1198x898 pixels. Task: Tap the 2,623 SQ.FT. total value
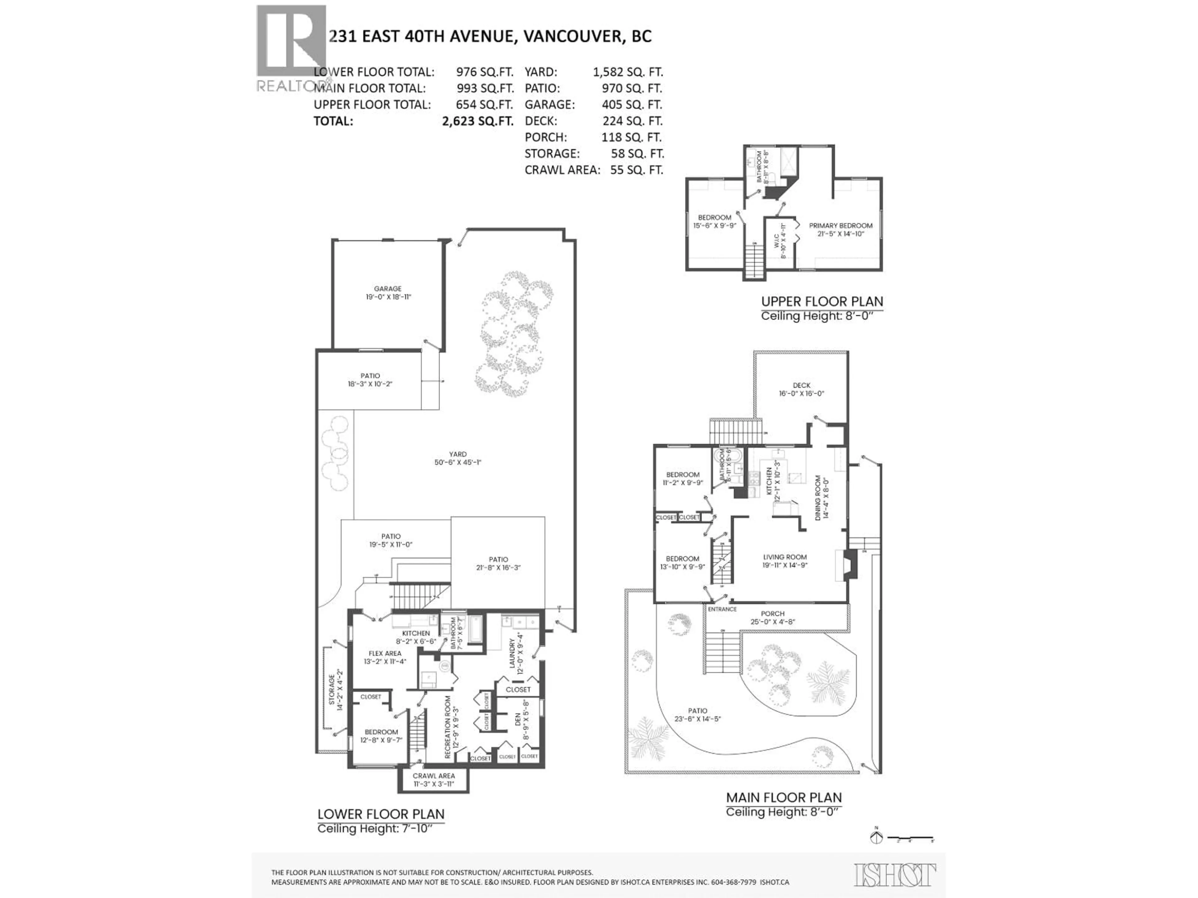(x=477, y=121)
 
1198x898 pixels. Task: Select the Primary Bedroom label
(x=840, y=229)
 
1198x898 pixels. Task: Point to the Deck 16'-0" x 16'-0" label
(x=801, y=390)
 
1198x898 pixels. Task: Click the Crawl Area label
(x=433, y=780)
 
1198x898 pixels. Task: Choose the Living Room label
(x=785, y=561)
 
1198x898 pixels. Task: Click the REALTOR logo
(x=291, y=49)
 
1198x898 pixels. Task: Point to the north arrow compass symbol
(x=876, y=838)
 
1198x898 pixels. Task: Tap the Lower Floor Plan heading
(x=381, y=814)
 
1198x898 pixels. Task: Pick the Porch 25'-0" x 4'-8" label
(x=772, y=618)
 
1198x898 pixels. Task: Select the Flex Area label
(x=385, y=657)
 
